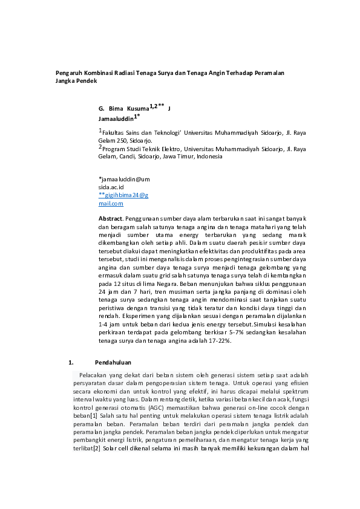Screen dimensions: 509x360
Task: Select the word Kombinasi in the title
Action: pos(96,73)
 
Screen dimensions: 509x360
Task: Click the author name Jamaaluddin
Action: pos(116,119)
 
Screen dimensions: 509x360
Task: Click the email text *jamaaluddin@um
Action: pos(124,180)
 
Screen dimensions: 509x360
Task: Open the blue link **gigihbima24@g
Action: pos(123,196)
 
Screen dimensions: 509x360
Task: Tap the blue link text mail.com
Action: pos(111,204)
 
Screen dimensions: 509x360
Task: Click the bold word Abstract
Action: pos(111,218)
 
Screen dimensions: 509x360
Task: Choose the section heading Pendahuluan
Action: pos(113,363)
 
